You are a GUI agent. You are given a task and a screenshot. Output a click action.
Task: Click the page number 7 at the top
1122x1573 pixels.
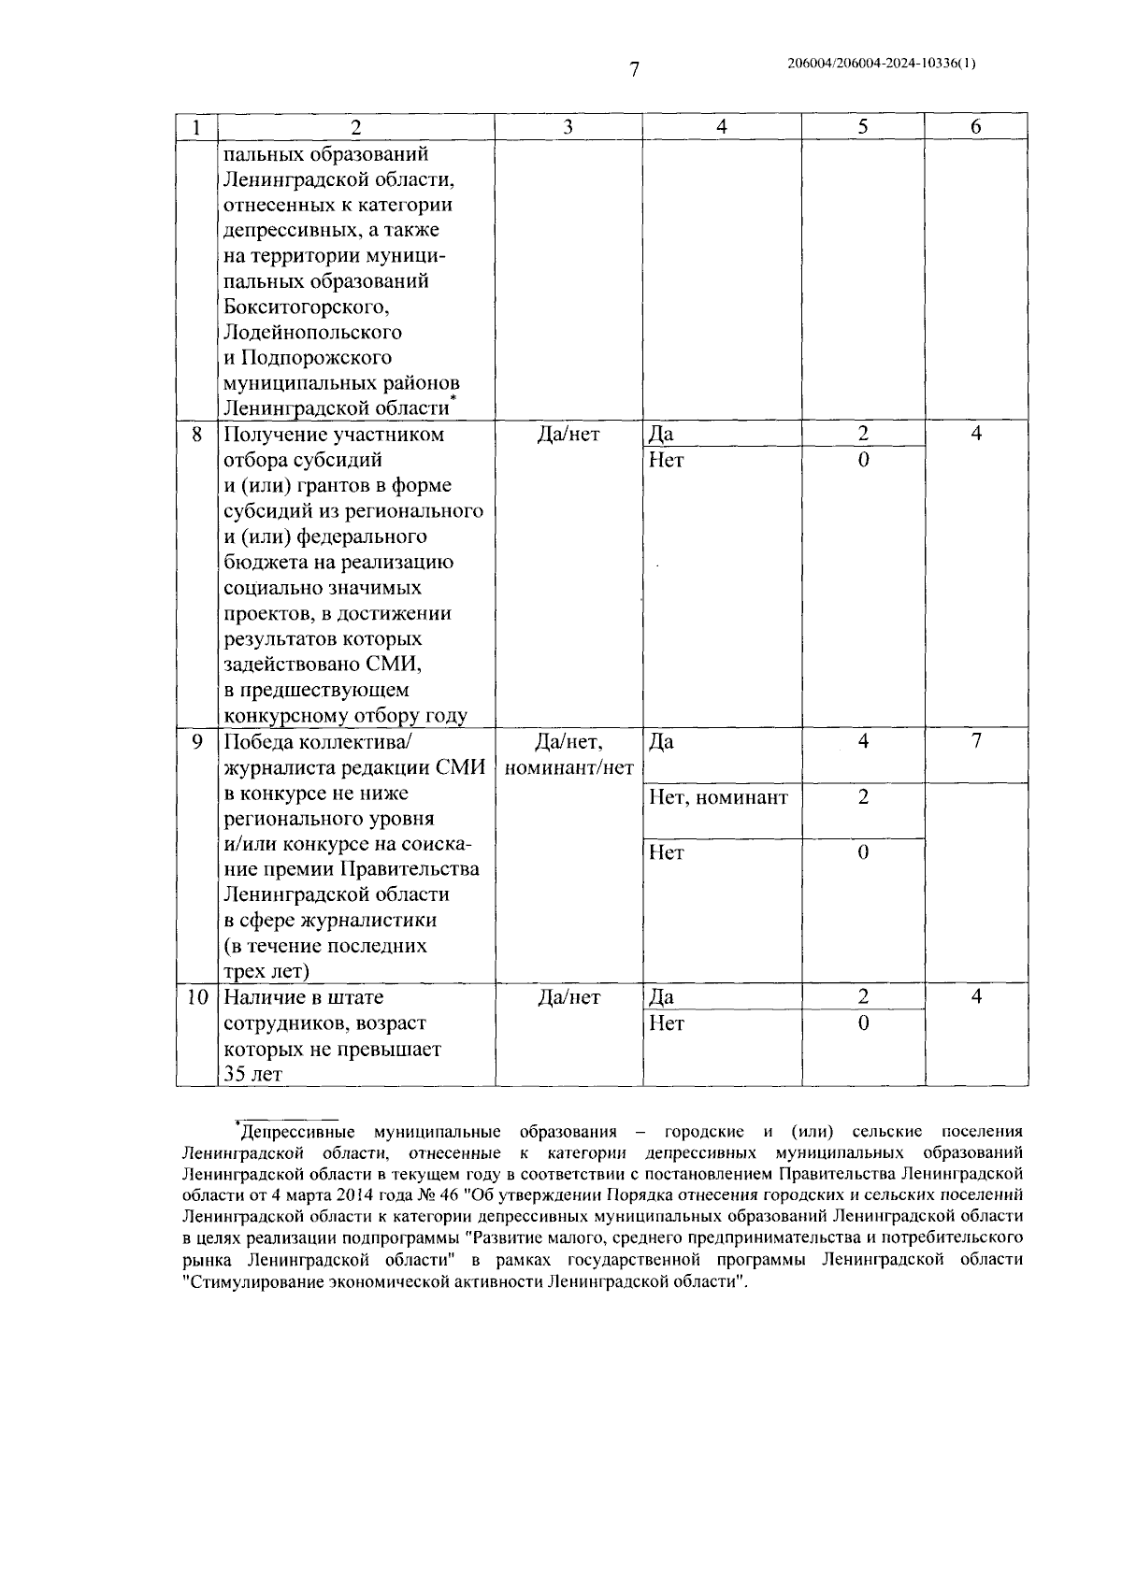[x=633, y=69]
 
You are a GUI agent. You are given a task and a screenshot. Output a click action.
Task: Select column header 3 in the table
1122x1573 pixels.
[x=568, y=127]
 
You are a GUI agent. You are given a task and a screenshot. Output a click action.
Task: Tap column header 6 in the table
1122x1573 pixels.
[x=975, y=127]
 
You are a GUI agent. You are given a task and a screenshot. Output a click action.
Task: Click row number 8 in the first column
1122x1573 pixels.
[x=196, y=435]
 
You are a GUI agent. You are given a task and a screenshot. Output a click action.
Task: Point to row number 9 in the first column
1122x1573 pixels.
[x=196, y=742]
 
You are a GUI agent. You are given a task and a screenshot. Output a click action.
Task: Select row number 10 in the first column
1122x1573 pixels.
[x=196, y=997]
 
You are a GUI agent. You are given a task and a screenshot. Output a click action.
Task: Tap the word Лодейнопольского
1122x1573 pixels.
[x=313, y=332]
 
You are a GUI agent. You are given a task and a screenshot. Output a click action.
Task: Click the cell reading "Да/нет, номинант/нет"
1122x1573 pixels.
[x=568, y=755]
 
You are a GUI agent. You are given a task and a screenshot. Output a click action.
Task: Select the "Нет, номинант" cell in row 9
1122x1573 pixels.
[x=718, y=797]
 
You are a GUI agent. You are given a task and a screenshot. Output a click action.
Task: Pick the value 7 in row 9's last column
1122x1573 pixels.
[x=975, y=742]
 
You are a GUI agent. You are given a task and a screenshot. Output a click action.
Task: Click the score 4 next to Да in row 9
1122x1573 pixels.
[x=862, y=742]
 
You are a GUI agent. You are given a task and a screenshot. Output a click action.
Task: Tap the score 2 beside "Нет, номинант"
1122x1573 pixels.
[x=862, y=797]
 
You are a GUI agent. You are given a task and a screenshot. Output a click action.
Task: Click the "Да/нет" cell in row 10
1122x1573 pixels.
[x=568, y=997]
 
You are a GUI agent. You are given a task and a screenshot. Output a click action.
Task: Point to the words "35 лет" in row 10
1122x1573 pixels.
[x=252, y=1074]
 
